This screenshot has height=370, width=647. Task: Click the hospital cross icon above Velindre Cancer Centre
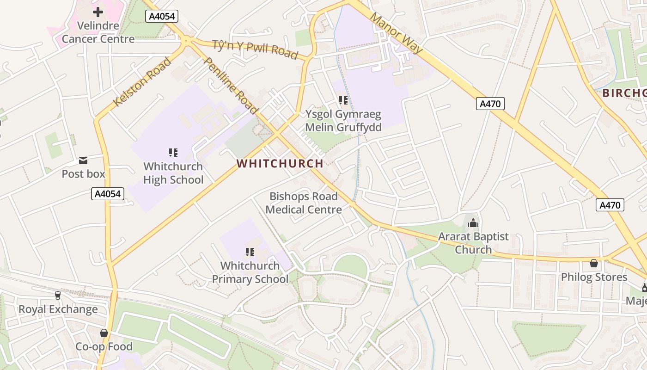pos(98,12)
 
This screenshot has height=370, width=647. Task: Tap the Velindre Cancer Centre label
pos(98,32)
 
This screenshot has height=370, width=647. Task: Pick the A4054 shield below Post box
pos(108,194)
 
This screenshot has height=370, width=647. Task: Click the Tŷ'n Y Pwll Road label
pos(255,49)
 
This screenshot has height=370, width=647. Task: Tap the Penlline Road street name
pos(230,86)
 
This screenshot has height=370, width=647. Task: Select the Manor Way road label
pos(396,32)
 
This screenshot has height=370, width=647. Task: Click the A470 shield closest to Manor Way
pos(490,104)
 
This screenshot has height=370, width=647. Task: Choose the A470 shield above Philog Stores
pos(610,205)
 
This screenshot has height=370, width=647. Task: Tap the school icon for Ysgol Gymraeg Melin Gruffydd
pos(343,100)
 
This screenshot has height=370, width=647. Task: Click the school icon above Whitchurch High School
pos(173,152)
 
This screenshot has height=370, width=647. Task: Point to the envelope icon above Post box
pos(83,160)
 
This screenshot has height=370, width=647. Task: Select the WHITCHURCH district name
pos(280,163)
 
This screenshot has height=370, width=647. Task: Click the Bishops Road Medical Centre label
pos(304,203)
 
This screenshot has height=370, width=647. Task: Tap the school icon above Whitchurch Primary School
pos(250,252)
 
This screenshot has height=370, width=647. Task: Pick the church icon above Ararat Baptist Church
pos(473,223)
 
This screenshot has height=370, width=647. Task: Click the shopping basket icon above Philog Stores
pos(594,263)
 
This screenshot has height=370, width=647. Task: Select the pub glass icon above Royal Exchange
pos(58,295)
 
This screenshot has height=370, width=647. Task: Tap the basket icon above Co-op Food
pos(104,333)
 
